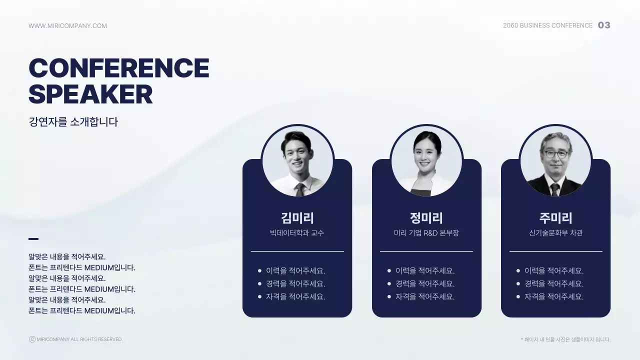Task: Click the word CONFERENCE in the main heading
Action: coord(119,68)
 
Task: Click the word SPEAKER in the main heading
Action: coord(90,94)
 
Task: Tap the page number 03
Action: coord(604,25)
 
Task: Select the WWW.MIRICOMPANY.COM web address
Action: coord(67,25)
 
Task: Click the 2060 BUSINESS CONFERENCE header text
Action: coord(547,25)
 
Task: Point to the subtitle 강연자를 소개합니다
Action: coord(73,121)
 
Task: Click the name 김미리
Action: coord(297,217)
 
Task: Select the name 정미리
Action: coord(426,217)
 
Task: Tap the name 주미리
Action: coord(555,217)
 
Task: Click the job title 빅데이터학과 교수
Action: coord(297,233)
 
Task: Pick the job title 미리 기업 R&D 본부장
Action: coord(426,233)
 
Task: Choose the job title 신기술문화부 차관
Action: coord(555,233)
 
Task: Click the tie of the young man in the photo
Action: coord(300,189)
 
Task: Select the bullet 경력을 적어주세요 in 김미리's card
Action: coord(295,283)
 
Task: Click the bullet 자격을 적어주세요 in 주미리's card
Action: coord(553,296)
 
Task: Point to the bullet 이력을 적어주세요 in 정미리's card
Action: coord(424,270)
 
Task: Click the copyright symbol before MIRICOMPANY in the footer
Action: coord(32,339)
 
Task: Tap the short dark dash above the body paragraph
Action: coord(33,239)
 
